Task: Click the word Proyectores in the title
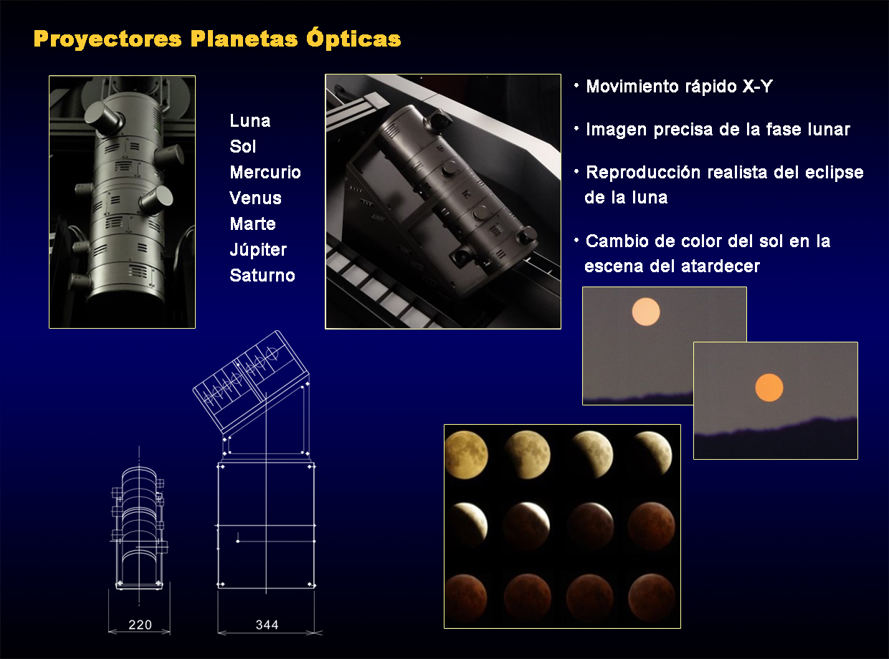(108, 39)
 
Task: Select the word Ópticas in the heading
(353, 38)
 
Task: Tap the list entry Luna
(250, 120)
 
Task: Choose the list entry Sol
(243, 146)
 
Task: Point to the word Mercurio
(265, 172)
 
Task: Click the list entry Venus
(255, 198)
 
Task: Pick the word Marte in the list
(253, 223)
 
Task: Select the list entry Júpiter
(258, 249)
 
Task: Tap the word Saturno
(262, 275)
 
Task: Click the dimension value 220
(140, 625)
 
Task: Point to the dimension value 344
(267, 625)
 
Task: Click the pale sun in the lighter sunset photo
(646, 312)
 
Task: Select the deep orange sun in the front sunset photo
(769, 388)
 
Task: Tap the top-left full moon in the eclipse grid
(466, 455)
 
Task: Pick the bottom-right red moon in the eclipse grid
(652, 597)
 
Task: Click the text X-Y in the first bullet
(757, 87)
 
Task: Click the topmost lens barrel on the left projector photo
(103, 117)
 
